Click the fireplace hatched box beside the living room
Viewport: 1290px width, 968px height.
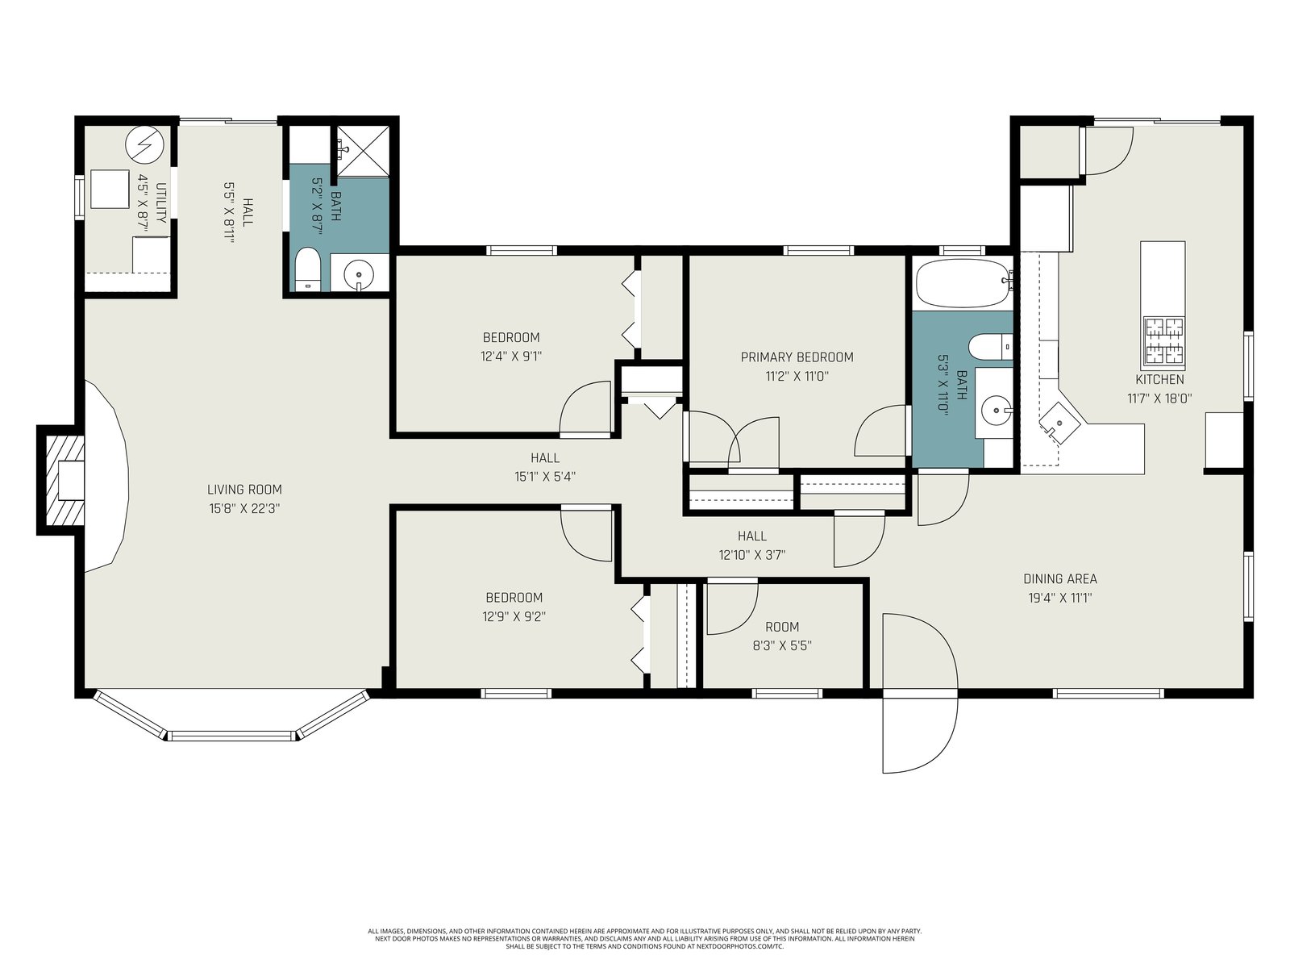[65, 480]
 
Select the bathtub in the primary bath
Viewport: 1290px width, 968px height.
[963, 283]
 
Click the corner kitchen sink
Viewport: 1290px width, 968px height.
[1059, 423]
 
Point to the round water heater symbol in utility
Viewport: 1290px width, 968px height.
[144, 144]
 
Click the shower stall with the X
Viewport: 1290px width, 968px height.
[363, 151]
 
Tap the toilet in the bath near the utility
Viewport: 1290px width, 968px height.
[307, 269]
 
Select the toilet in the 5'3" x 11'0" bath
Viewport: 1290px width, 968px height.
[990, 347]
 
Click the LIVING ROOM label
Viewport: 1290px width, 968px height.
[244, 489]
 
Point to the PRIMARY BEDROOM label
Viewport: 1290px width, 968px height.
[797, 357]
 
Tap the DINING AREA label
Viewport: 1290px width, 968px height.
[1060, 578]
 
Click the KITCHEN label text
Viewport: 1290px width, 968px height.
[1159, 379]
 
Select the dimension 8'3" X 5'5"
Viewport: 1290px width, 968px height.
[782, 645]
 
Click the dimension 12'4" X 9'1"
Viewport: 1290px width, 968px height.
[510, 356]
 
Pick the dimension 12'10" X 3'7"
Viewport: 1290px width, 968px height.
[751, 554]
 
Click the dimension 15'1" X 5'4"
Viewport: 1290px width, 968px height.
[545, 476]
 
